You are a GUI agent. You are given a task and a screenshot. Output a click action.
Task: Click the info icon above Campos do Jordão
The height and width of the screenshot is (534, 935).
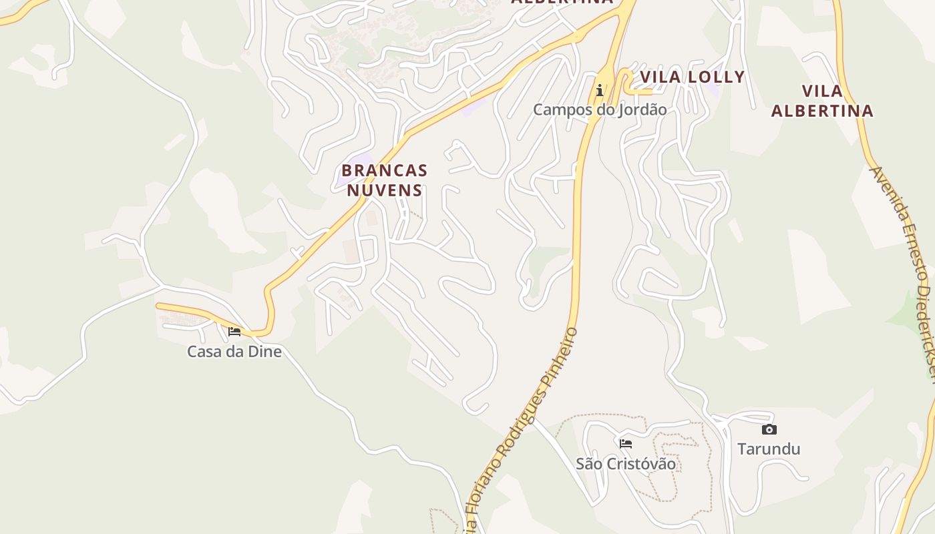[x=600, y=90]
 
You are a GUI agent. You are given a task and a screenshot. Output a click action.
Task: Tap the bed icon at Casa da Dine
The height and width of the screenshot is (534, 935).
[x=234, y=331]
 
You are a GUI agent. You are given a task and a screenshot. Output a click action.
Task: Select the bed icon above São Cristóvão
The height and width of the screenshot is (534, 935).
[x=626, y=443]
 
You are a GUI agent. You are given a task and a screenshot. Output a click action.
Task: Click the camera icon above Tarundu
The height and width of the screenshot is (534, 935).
[x=769, y=429]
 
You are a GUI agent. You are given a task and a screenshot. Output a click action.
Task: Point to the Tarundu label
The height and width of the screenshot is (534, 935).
[x=769, y=449]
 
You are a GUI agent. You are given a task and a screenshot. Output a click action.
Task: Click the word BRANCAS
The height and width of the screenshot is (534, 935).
[x=385, y=171]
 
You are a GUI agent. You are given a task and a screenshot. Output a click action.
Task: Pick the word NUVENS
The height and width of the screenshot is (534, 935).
[x=385, y=190]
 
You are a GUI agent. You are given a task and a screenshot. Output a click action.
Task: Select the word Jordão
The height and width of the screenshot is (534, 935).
[x=644, y=109]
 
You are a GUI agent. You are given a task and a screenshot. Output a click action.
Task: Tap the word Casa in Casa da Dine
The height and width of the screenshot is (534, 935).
[x=203, y=352]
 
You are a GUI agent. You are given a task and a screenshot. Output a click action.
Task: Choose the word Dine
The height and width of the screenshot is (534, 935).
[x=266, y=352]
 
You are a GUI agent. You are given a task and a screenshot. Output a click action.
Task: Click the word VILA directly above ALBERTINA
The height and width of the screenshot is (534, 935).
[x=822, y=91]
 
